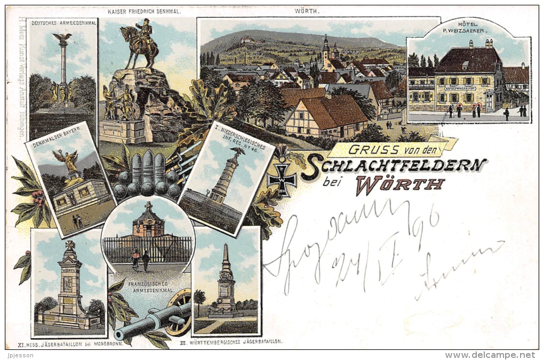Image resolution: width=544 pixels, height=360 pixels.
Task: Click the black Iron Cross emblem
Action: (282, 180)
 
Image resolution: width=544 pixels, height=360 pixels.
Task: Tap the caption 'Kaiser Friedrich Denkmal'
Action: (144, 11)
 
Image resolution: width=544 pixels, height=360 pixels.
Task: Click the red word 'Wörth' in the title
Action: (399, 185)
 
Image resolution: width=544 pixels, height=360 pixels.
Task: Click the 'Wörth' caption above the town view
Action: (306, 11)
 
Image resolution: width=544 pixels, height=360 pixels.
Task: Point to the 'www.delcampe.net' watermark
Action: (490, 355)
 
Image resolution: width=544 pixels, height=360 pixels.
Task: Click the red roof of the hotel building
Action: (468, 59)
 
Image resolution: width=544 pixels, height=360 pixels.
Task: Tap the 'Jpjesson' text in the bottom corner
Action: (18, 355)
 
